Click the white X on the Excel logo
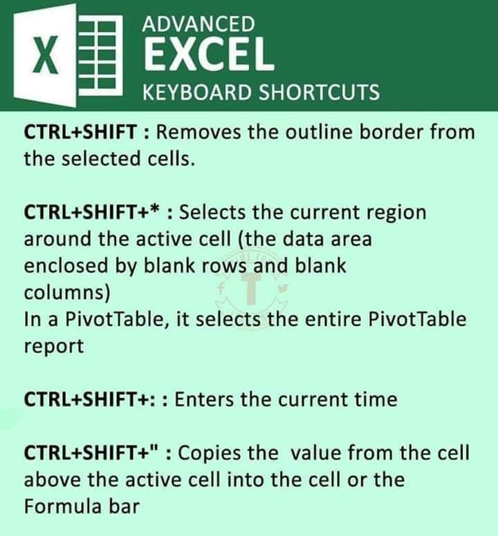click(x=45, y=56)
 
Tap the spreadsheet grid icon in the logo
click(x=100, y=57)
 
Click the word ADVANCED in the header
click(x=199, y=24)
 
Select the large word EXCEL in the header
click(x=209, y=54)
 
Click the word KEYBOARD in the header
click(x=197, y=93)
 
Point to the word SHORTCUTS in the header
click(x=319, y=93)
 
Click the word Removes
click(x=199, y=132)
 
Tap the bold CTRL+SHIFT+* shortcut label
click(x=92, y=212)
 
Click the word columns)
click(x=67, y=293)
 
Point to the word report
click(x=54, y=347)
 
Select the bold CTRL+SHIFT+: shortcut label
click(x=90, y=399)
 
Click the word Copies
click(x=210, y=454)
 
